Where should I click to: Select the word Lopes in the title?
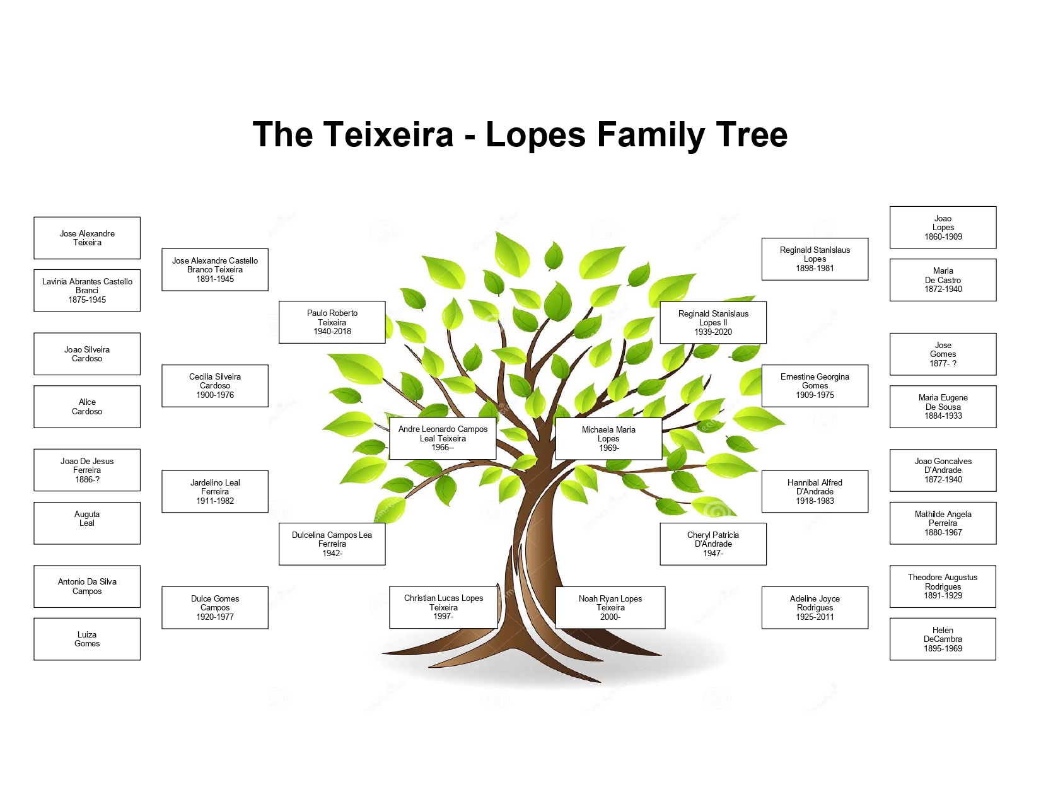[x=536, y=135]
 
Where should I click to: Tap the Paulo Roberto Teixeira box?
[x=332, y=322]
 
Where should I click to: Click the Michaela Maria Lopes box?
[x=608, y=438]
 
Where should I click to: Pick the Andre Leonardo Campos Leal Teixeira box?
[x=443, y=438]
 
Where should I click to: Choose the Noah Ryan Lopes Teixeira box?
[x=610, y=607]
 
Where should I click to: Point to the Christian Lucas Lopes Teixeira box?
[x=443, y=607]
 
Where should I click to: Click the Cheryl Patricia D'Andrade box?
[x=713, y=544]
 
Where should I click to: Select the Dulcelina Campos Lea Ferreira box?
[x=332, y=544]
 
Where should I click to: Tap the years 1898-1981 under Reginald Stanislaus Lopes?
[x=815, y=269]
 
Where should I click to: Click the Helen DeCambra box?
[x=943, y=639]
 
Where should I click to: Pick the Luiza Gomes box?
[x=87, y=639]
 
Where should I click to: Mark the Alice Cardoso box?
[x=87, y=407]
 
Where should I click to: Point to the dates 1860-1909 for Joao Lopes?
[x=943, y=237]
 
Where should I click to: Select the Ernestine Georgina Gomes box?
[x=815, y=385]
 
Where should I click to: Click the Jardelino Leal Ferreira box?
[x=215, y=491]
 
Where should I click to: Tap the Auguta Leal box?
[x=87, y=523]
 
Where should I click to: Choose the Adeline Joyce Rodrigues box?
[x=815, y=607]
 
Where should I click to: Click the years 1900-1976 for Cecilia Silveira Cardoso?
[x=215, y=395]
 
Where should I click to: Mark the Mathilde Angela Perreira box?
[x=943, y=523]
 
